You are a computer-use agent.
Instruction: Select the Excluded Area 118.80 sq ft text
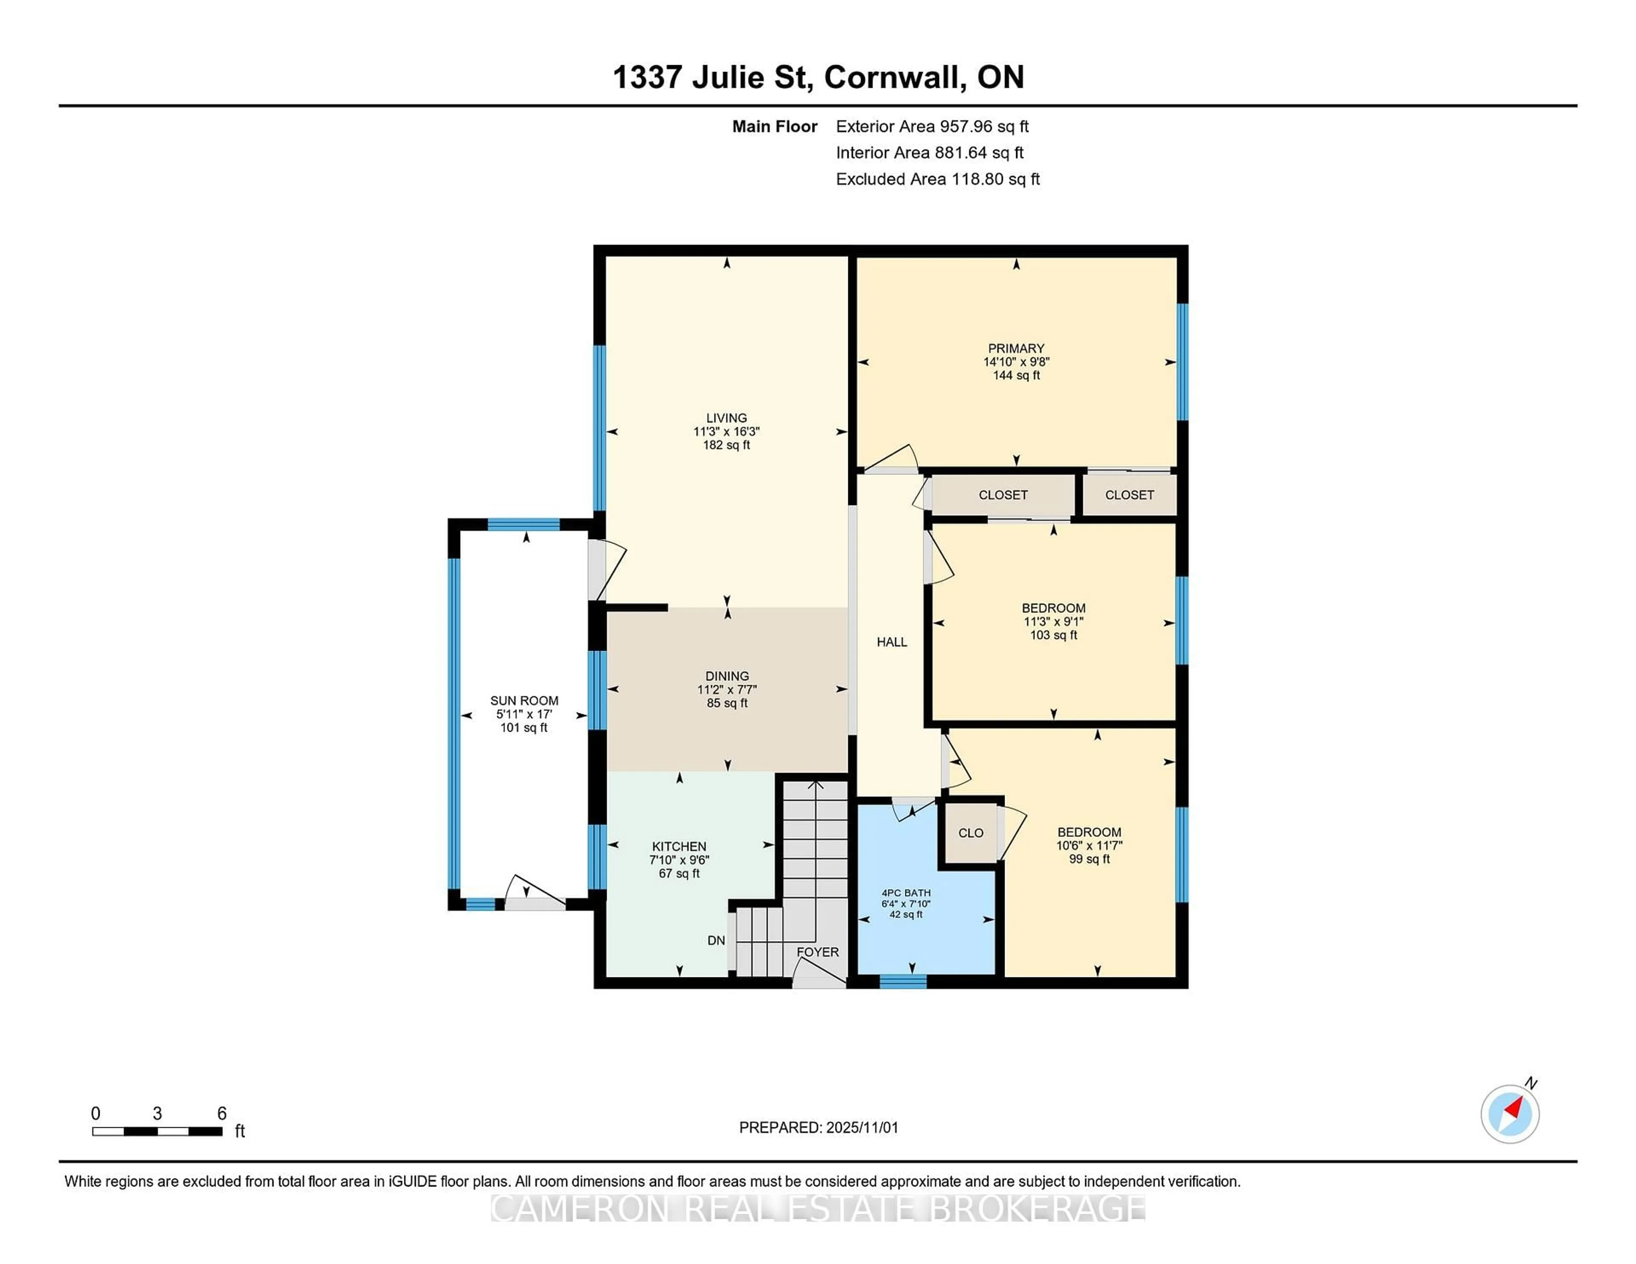pyautogui.click(x=937, y=179)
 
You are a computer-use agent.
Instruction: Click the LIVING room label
pyautogui.click(x=726, y=418)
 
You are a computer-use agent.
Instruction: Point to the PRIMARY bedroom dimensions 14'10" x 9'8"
pyautogui.click(x=1016, y=362)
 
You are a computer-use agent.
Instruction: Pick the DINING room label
pyautogui.click(x=726, y=675)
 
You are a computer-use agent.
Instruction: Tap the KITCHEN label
pyautogui.click(x=679, y=846)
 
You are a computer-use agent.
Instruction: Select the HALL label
pyautogui.click(x=891, y=642)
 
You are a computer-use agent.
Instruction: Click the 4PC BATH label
pyautogui.click(x=906, y=893)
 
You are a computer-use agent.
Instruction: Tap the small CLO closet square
pyautogui.click(x=970, y=833)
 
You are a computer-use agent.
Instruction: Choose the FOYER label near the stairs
pyautogui.click(x=817, y=952)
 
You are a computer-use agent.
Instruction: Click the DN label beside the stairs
pyautogui.click(x=715, y=940)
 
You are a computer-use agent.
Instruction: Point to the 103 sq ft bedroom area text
pyautogui.click(x=1053, y=635)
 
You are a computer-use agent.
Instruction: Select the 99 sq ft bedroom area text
pyautogui.click(x=1089, y=859)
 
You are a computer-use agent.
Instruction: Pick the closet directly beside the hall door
pyautogui.click(x=1002, y=495)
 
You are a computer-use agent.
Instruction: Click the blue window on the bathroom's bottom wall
pyautogui.click(x=903, y=982)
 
